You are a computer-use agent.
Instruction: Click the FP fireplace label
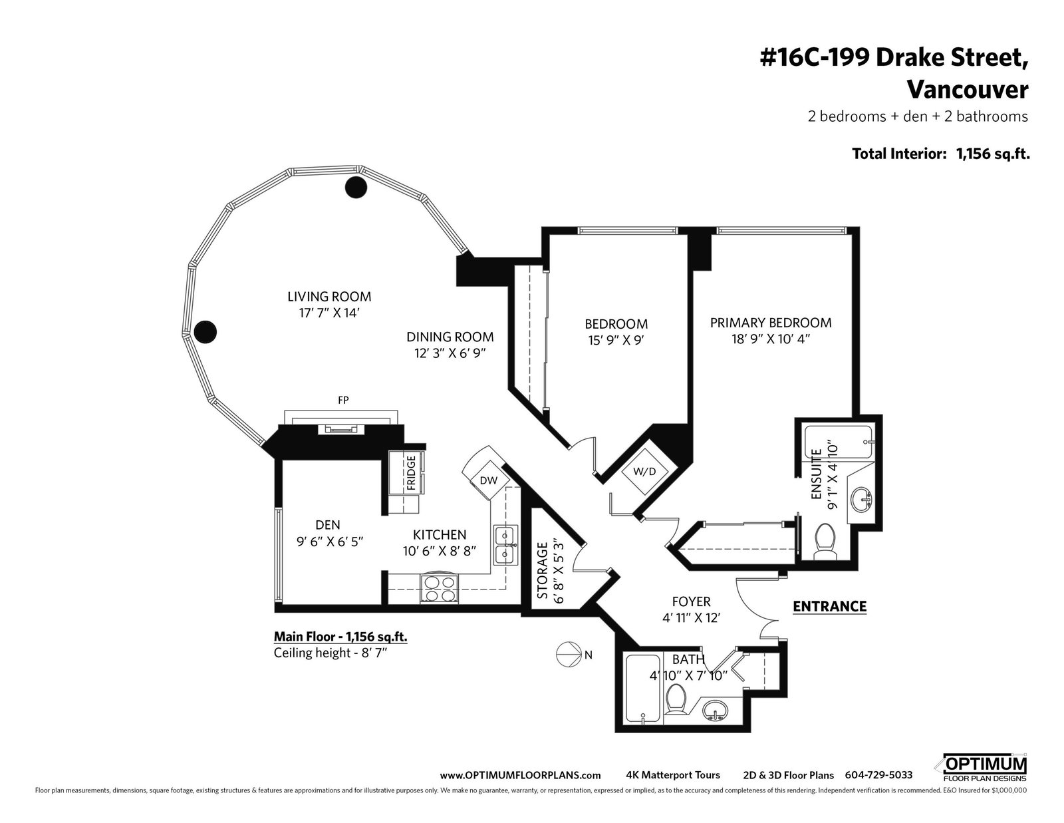(x=343, y=401)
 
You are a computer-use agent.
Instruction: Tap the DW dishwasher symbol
(x=487, y=480)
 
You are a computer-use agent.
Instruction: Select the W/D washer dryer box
(x=644, y=472)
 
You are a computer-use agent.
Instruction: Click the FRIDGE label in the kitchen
(x=411, y=473)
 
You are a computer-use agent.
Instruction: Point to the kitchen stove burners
(x=439, y=588)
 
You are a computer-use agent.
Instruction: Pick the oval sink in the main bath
(x=715, y=711)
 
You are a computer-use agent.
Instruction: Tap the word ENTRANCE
(x=829, y=607)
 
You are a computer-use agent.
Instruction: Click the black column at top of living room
(x=356, y=187)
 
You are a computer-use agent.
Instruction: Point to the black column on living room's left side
(x=205, y=331)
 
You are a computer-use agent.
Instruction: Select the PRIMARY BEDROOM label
(x=771, y=323)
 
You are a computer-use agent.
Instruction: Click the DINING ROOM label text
(x=450, y=337)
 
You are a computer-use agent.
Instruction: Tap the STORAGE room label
(x=542, y=570)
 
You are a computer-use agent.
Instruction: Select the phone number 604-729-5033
(x=878, y=775)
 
